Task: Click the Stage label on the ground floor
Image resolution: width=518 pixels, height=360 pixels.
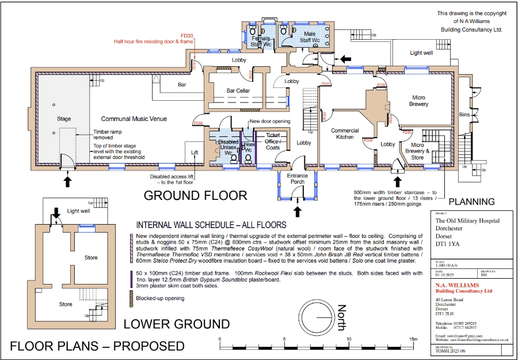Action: pos(63,119)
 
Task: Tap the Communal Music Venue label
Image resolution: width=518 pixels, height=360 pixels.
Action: pos(134,119)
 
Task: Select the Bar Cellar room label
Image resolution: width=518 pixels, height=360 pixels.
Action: pos(238,91)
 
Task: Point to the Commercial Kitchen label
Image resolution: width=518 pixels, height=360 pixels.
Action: pos(345,134)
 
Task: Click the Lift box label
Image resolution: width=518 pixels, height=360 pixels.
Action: pos(195,152)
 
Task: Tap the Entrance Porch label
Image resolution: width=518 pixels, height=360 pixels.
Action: pos(298,179)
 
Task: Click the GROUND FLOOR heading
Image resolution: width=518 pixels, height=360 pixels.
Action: pos(195,195)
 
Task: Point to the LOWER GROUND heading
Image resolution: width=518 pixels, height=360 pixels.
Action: pos(177,324)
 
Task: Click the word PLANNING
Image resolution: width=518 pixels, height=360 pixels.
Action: pos(471,202)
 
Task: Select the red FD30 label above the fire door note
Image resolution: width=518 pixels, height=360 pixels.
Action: pos(187,35)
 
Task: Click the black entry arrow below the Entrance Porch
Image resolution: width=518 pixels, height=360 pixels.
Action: pos(298,211)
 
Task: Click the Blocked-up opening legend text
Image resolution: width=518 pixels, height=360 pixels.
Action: pos(160,298)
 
